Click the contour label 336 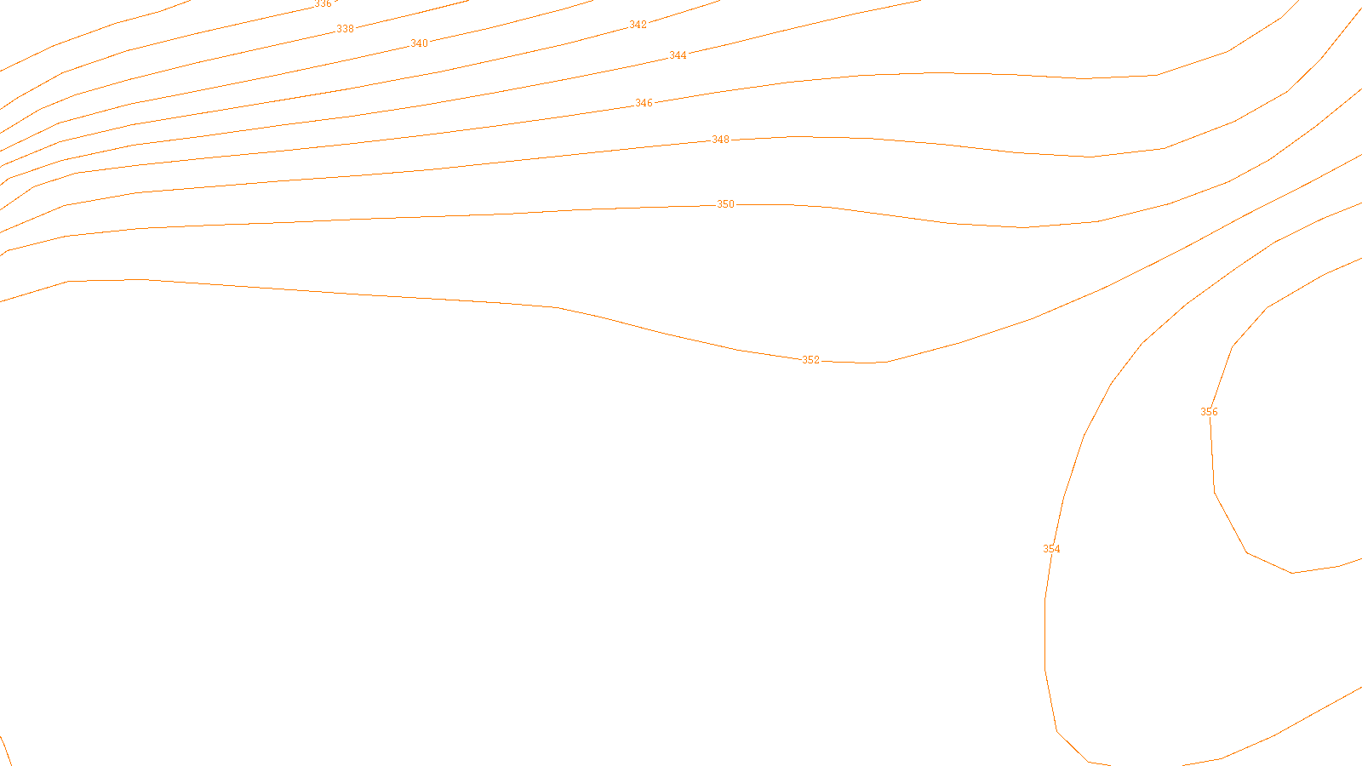point(323,4)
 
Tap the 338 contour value point(345,29)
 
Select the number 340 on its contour point(419,43)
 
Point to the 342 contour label point(638,26)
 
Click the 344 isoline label point(678,55)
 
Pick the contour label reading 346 point(644,103)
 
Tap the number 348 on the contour point(720,140)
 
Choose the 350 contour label point(725,204)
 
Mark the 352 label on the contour point(810,360)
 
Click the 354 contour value point(1051,549)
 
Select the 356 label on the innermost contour point(1209,412)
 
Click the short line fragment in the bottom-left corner point(5,751)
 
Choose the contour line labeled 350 point(426,217)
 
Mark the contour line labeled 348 point(426,170)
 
